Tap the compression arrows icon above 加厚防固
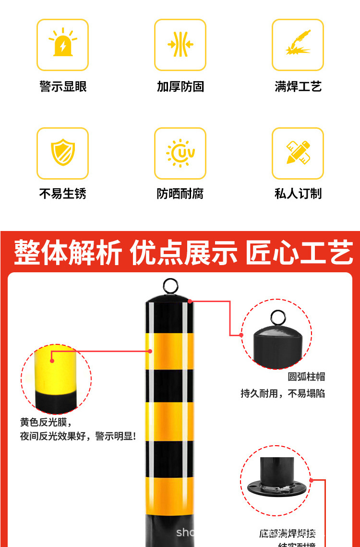180,45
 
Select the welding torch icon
298,44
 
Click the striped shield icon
63,152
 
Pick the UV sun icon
180,153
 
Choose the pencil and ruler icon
298,153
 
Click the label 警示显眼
63,86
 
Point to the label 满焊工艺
298,86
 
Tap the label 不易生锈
63,194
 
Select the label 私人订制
298,194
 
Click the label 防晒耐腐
180,194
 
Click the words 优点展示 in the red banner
184,253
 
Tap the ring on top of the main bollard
170,286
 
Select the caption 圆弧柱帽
306,377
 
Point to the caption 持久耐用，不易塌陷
283,393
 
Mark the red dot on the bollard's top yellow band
150,351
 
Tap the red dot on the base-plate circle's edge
311,480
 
